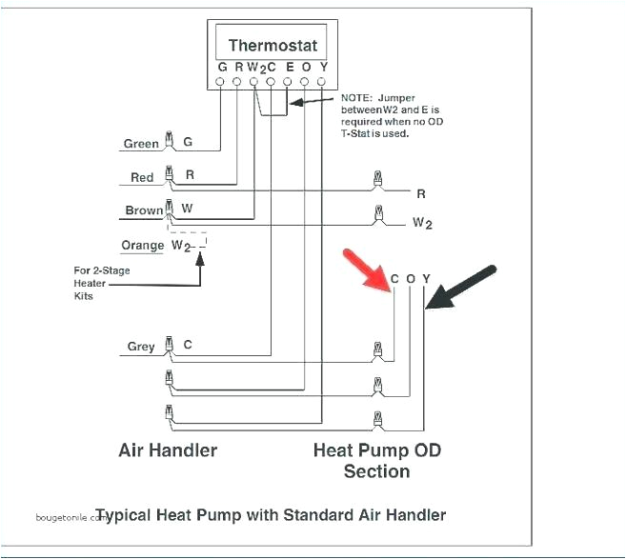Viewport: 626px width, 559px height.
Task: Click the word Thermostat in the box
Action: coord(273,45)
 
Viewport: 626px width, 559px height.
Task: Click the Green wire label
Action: coord(141,144)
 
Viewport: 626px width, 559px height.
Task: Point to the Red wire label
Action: coord(142,177)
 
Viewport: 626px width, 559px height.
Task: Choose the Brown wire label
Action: coord(144,210)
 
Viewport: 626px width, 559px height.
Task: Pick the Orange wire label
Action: coord(143,246)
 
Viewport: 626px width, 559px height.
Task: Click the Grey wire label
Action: coord(141,347)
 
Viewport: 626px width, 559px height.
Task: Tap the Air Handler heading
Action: coord(168,449)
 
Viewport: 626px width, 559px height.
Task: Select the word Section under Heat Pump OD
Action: coord(377,471)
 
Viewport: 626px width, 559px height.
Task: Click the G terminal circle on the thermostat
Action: coord(222,83)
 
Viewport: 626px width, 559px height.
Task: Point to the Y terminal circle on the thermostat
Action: coord(323,83)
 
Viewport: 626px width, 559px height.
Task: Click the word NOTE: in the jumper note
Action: coord(358,98)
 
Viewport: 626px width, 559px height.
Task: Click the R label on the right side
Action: coord(420,193)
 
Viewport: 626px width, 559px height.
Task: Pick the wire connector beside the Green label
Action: coord(170,141)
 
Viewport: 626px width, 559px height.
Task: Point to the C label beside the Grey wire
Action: coord(188,345)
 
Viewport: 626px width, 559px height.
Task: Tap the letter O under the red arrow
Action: coord(411,279)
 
